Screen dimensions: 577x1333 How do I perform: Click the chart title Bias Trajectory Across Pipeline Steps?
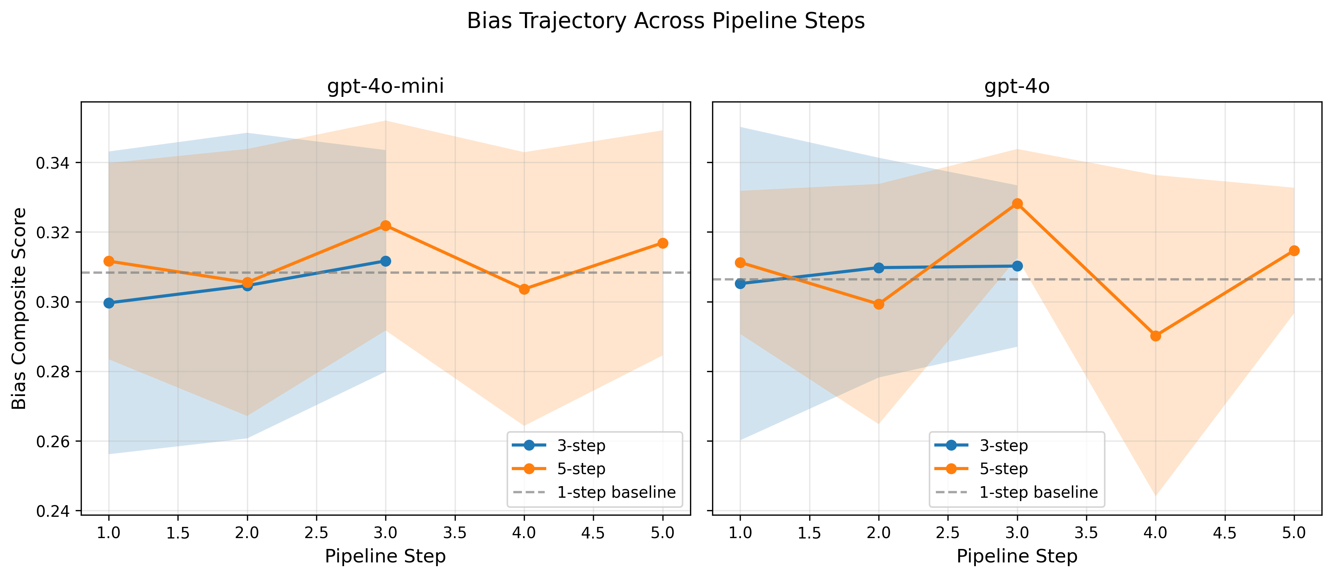pos(665,22)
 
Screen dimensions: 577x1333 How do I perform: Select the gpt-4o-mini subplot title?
pos(386,86)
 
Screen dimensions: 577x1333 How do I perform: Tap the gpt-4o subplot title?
pos(1017,86)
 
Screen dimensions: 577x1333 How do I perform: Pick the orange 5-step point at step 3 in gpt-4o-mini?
pos(386,226)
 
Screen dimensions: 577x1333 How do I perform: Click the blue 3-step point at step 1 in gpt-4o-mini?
pos(109,303)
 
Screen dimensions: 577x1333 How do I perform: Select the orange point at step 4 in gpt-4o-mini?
pos(524,289)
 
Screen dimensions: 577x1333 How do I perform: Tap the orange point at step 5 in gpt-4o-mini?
pos(662,243)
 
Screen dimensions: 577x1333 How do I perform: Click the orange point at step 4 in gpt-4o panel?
pos(1156,336)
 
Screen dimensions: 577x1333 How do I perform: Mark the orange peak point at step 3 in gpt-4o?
pos(1017,203)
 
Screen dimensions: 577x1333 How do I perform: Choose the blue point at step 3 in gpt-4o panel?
pos(1017,266)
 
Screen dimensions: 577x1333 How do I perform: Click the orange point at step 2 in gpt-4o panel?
pos(879,304)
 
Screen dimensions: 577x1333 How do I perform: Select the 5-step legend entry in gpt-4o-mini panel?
pos(581,469)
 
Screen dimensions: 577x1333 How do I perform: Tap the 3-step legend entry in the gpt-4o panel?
pos(1003,445)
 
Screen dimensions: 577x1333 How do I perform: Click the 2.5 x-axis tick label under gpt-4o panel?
pos(947,533)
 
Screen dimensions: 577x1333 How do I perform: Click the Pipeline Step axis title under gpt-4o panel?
pos(1017,556)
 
